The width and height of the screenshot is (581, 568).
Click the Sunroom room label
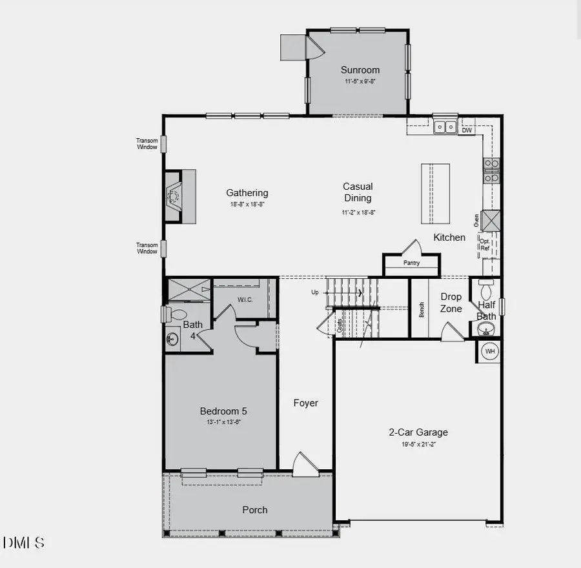pyautogui.click(x=360, y=70)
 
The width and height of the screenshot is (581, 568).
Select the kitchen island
pyautogui.click(x=435, y=193)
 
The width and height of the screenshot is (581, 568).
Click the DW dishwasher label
pyautogui.click(x=466, y=130)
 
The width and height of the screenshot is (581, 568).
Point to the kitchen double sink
pyautogui.click(x=445, y=127)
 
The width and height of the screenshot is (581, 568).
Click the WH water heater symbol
pyautogui.click(x=490, y=352)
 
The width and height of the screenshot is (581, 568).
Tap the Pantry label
pyautogui.click(x=411, y=263)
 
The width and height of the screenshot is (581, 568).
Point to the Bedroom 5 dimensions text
pyautogui.click(x=223, y=422)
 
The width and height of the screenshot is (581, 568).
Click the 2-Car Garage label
pyautogui.click(x=418, y=432)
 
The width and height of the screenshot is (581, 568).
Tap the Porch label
pyautogui.click(x=255, y=510)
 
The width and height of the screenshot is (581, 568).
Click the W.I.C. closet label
pyautogui.click(x=244, y=299)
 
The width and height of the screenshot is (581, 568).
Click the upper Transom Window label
pyautogui.click(x=147, y=143)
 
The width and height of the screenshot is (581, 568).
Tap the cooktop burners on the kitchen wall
pyautogui.click(x=491, y=170)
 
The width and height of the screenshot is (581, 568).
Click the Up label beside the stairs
pyautogui.click(x=315, y=292)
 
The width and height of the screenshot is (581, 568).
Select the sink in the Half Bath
pyautogui.click(x=485, y=329)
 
